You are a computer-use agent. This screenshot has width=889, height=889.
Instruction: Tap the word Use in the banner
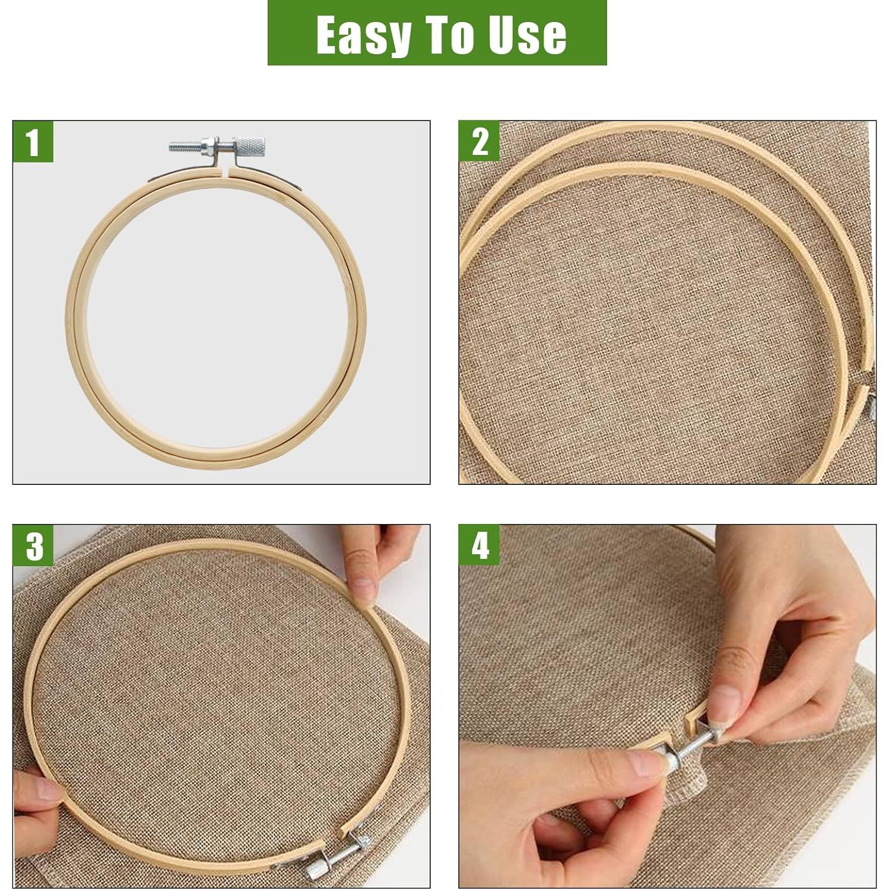(x=527, y=35)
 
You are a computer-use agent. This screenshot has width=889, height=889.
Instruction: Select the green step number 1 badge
(x=33, y=142)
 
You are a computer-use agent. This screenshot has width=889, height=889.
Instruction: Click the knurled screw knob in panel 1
(x=249, y=145)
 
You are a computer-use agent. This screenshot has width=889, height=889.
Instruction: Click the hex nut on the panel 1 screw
(x=209, y=145)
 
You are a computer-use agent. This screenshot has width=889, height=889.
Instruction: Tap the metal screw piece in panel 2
(x=872, y=408)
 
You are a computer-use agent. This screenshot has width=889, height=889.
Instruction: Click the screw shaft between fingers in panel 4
(x=693, y=747)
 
